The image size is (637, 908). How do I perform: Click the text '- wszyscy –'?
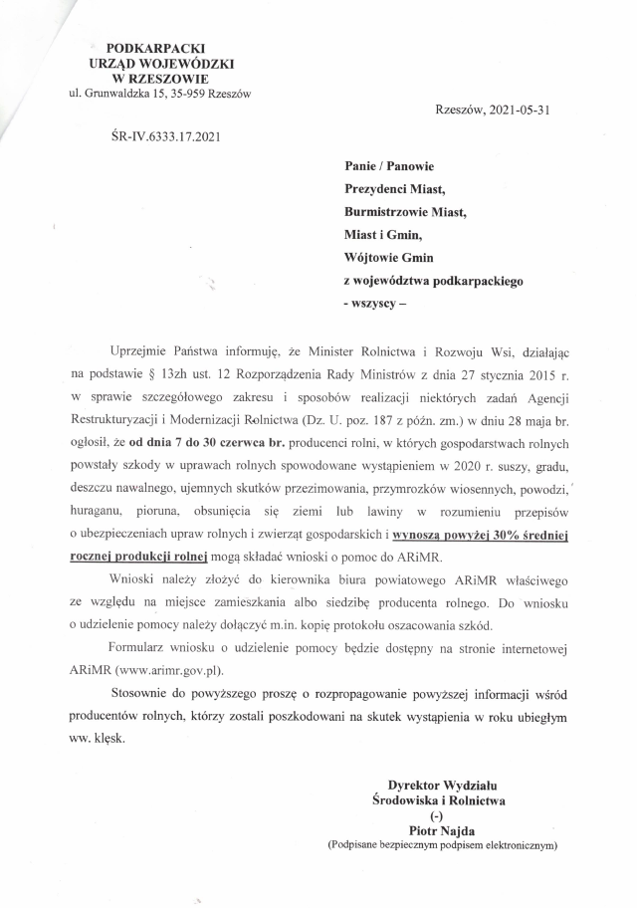[375, 302]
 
